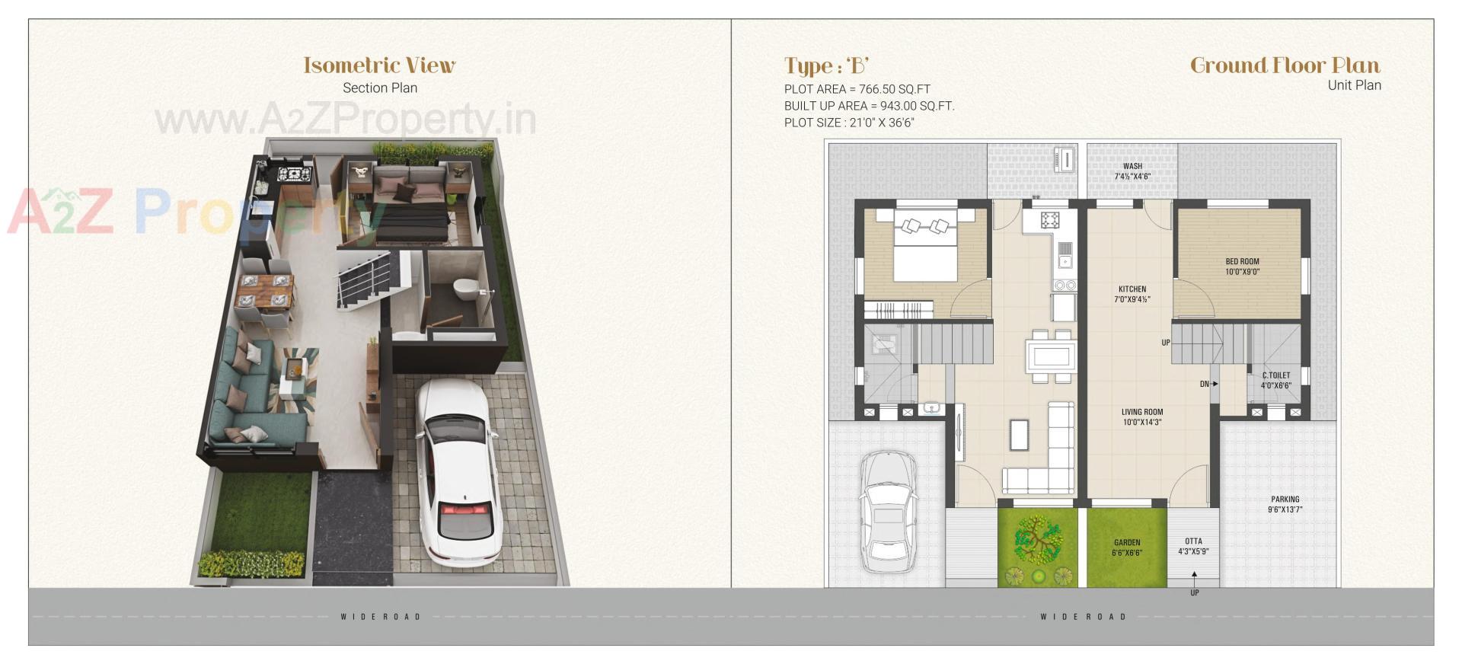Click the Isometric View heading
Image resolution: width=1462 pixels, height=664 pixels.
379,65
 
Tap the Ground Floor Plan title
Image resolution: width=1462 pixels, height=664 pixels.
1285,65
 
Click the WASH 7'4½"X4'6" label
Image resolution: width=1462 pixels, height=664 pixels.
1132,171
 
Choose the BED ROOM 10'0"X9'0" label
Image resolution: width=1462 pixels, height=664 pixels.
1242,267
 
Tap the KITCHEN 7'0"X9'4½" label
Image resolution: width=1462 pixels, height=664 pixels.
1132,294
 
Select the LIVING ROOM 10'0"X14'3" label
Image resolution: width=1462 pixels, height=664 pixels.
1141,417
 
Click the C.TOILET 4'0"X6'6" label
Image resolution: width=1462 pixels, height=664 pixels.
1275,380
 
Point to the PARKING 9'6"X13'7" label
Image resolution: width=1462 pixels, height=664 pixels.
1285,504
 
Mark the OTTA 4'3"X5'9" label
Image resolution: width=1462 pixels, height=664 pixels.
1193,546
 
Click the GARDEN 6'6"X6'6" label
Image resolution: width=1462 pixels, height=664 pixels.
1126,547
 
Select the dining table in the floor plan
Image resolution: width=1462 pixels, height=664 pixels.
1052,356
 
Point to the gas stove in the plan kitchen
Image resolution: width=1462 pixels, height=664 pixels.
1050,220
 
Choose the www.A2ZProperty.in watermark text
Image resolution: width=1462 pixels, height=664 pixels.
345,120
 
